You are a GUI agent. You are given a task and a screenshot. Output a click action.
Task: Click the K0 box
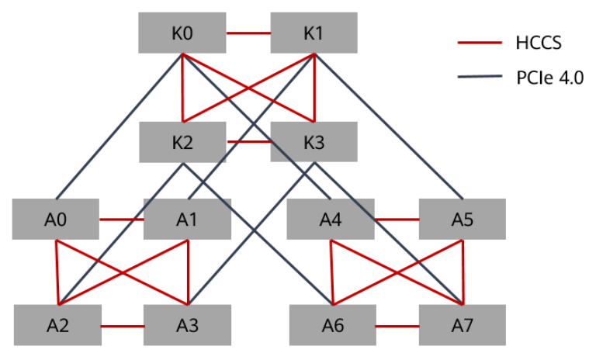pos(182,33)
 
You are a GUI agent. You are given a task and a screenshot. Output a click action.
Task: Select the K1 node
pos(314,33)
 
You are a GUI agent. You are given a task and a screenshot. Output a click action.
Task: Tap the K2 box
pos(182,142)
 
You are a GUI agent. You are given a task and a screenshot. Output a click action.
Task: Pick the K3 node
pos(314,141)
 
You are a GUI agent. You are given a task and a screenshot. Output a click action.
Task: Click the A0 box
pos(56,220)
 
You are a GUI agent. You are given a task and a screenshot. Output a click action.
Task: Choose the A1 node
pos(187,220)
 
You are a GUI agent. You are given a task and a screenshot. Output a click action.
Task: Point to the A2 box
pos(58,325)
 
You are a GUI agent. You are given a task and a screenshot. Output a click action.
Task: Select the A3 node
pos(187,325)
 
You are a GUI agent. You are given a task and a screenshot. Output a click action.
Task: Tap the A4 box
pos(331,220)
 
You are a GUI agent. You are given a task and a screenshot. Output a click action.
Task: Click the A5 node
pos(462,220)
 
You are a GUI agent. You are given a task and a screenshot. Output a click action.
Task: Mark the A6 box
pos(333,325)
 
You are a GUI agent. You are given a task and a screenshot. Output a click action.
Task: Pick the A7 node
pos(462,325)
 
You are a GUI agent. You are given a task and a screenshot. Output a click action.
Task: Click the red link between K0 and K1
pos(248,33)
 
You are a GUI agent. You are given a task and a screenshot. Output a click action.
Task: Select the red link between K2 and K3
pos(249,141)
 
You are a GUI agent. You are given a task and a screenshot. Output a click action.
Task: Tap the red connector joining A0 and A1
pos(121,220)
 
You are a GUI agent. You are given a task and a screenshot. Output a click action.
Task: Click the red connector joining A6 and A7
pos(397,326)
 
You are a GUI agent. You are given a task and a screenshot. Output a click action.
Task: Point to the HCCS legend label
pos(539,43)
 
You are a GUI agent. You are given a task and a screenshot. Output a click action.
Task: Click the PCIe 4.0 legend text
pos(550,78)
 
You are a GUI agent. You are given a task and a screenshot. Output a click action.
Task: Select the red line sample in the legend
pos(480,43)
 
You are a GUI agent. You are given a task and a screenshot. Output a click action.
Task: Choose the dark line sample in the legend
pos(480,77)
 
